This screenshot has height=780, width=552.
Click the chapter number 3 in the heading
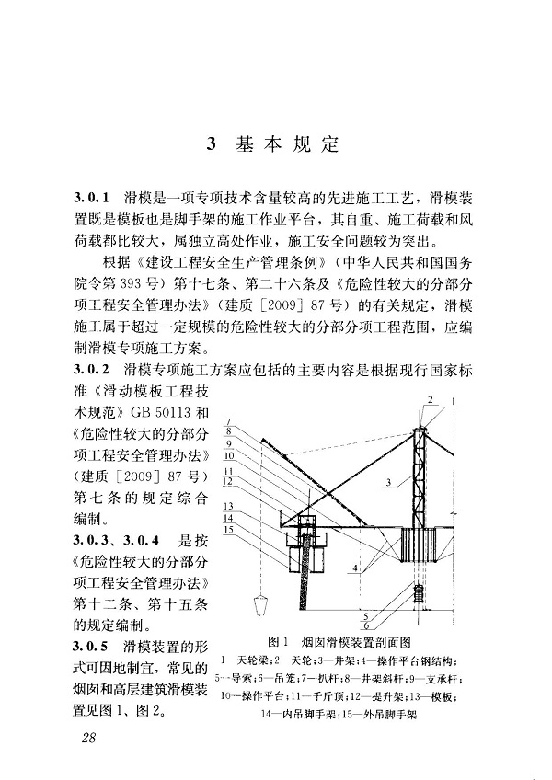click(x=211, y=144)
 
